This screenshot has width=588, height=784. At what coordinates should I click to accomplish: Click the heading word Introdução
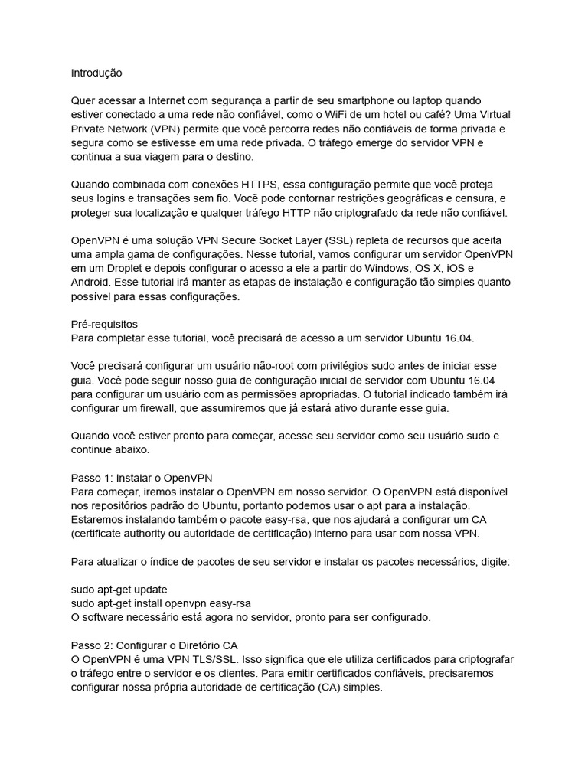[x=96, y=73]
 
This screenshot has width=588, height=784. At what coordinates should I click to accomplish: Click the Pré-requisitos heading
[x=104, y=324]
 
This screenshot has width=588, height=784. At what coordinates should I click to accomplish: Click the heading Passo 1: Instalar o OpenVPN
[x=141, y=478]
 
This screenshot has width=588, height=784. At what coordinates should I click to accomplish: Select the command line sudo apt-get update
[x=119, y=590]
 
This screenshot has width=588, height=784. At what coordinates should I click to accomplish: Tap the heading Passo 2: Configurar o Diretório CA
[x=159, y=645]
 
